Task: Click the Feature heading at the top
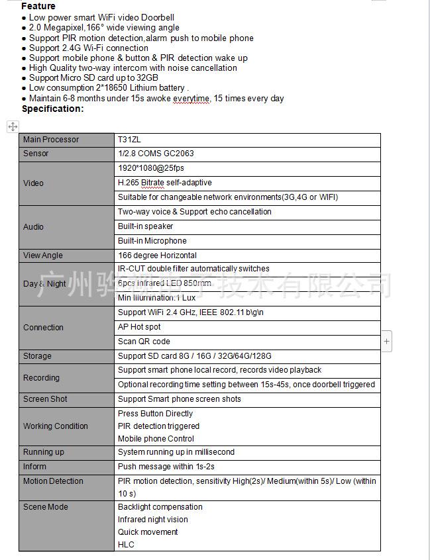(x=38, y=6)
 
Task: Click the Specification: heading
(x=53, y=109)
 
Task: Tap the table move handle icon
(x=13, y=126)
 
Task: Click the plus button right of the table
(x=387, y=342)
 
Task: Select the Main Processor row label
(x=51, y=140)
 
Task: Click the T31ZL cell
(x=129, y=140)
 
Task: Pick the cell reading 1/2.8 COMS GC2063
(x=156, y=154)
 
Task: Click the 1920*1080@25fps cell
(x=151, y=168)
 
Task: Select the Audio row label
(x=34, y=226)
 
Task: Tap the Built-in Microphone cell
(x=152, y=241)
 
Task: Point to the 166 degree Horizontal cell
(x=157, y=256)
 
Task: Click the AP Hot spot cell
(x=139, y=327)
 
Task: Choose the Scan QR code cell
(x=144, y=342)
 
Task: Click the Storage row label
(x=37, y=356)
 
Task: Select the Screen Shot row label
(x=45, y=399)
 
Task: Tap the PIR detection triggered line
(x=158, y=426)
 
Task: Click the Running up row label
(x=44, y=452)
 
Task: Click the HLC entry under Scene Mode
(x=126, y=545)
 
